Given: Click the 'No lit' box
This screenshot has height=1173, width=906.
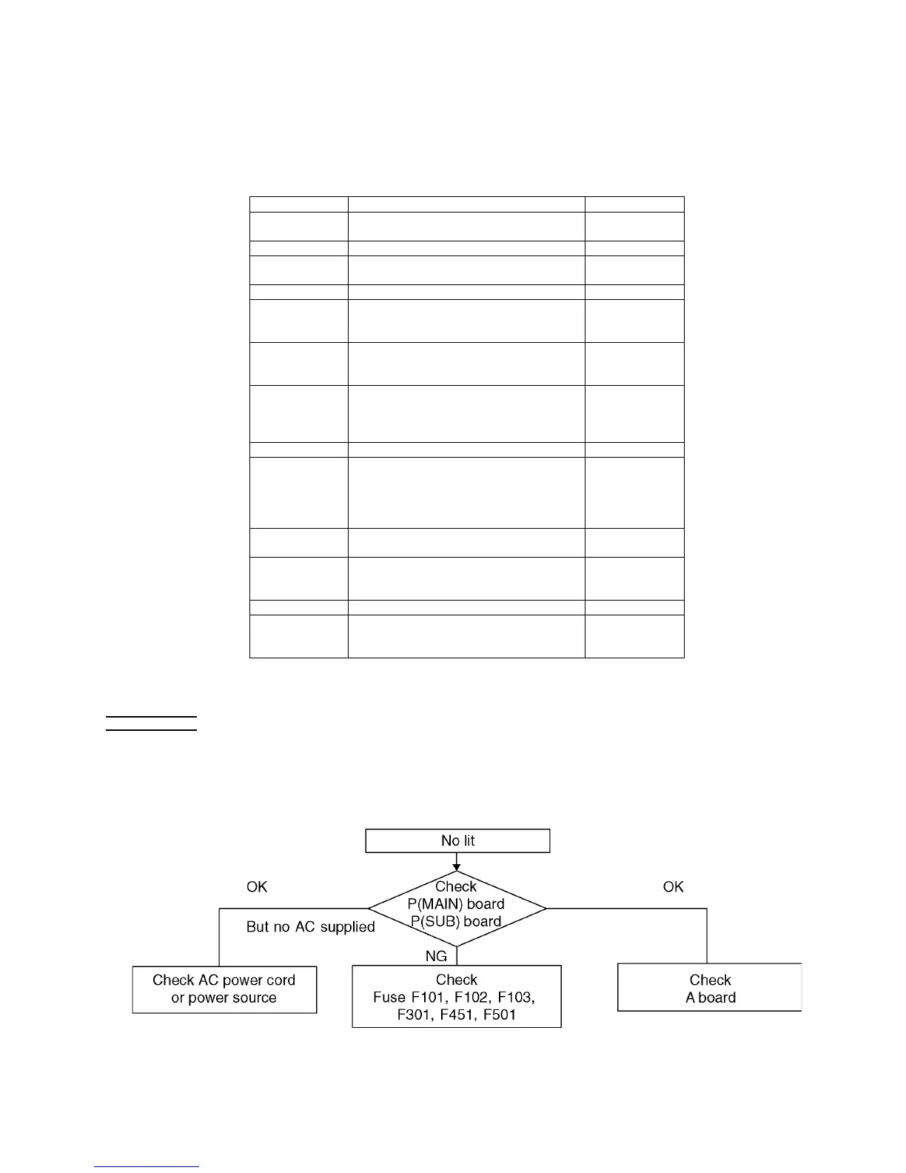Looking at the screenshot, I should coord(457,841).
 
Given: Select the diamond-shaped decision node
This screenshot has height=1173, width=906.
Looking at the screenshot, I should coord(457,908).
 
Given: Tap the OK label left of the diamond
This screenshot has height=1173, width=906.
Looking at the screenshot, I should coord(257,886).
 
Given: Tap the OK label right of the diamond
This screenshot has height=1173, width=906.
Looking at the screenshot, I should coord(673,886).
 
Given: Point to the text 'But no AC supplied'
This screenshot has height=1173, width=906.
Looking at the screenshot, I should coord(310,926).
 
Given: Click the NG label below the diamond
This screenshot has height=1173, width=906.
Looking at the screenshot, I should coord(436,956).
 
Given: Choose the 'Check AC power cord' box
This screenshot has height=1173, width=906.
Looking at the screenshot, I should coord(224,989).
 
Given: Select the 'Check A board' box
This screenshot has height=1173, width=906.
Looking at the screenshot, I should coord(710,988).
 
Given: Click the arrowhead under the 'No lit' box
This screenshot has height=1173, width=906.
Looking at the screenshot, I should coord(457,866).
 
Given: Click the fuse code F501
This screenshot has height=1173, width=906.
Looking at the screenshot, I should coord(500,1015).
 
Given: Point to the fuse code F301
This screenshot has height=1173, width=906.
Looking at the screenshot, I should coord(415,1015).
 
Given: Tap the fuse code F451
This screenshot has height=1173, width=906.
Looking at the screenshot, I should coord(457,1015).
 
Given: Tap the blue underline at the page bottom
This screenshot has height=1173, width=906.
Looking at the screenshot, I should coord(147,1167).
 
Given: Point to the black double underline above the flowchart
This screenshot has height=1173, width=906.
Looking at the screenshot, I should coord(151,723).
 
